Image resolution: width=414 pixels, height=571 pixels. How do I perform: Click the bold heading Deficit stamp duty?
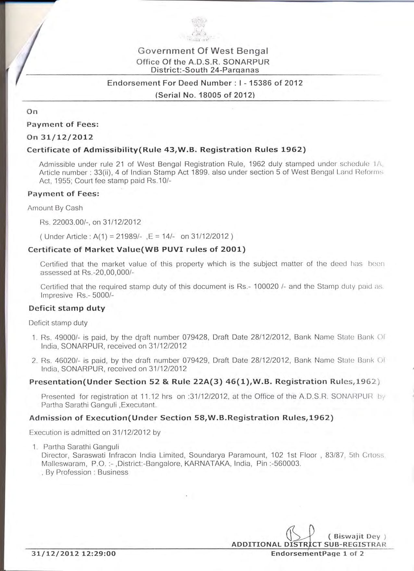pyautogui.click(x=67, y=308)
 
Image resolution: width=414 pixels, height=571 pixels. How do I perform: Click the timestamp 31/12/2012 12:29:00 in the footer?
pyautogui.click(x=73, y=553)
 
